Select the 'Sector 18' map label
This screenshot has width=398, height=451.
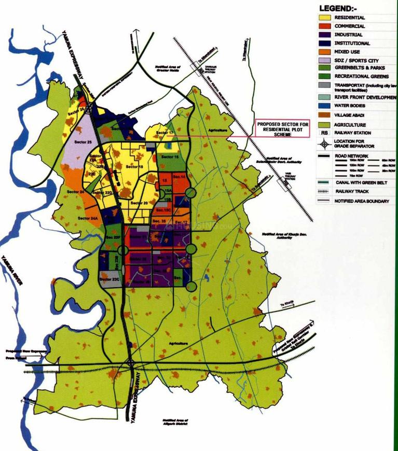click(x=134, y=167)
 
